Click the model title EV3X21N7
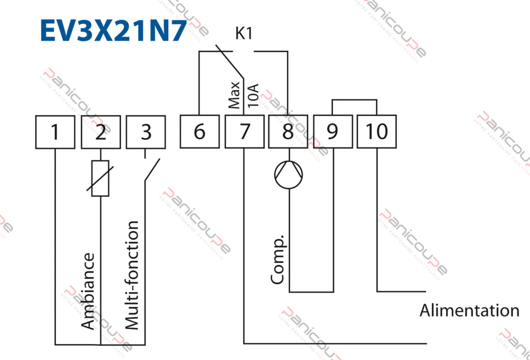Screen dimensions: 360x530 [x=113, y=31]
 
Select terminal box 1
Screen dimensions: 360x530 [x=55, y=132]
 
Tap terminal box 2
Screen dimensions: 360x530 [x=100, y=132]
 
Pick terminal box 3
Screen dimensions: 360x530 [x=146, y=132]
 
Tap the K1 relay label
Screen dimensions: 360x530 [x=244, y=35]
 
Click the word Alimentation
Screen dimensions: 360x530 [x=469, y=311]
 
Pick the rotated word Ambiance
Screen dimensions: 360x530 [x=89, y=290]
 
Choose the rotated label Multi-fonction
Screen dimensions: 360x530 [x=132, y=275]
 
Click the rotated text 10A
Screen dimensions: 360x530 [x=253, y=94]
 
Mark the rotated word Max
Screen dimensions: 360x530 [x=235, y=95]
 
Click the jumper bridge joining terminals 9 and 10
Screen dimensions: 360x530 [x=355, y=99]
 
